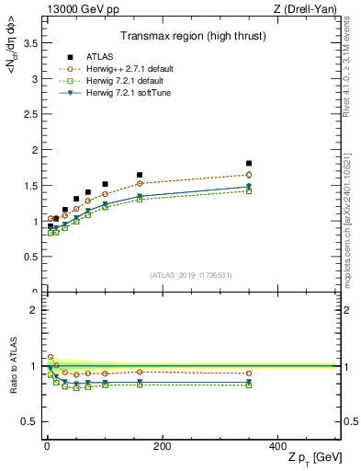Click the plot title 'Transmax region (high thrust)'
click(x=192, y=38)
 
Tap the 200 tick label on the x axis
click(x=162, y=444)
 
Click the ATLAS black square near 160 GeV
click(x=140, y=175)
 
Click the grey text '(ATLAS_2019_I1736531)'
click(x=192, y=275)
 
